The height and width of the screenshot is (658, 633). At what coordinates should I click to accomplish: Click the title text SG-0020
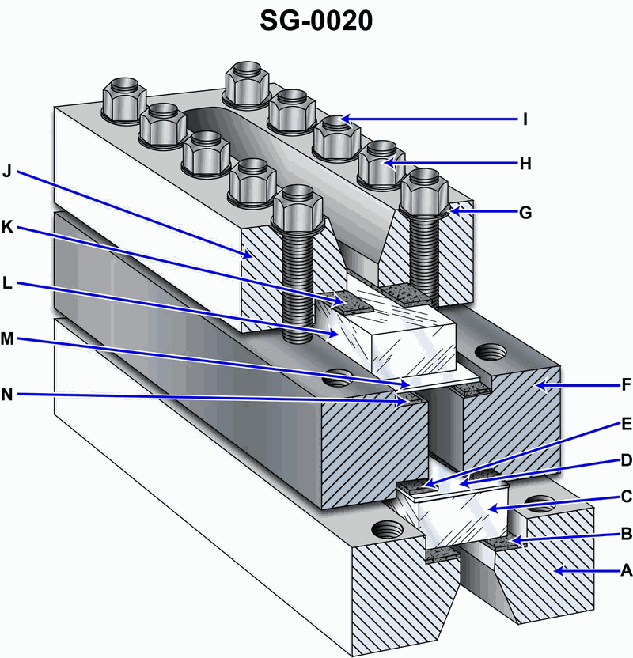point(316,21)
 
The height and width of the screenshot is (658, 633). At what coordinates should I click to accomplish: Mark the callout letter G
point(525,212)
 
